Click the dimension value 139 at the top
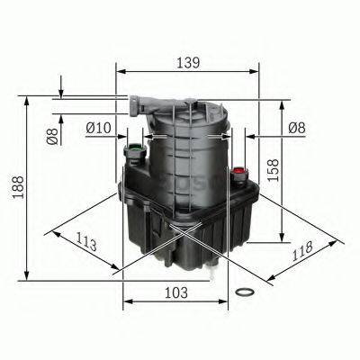coord(186,62)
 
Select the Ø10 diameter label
coord(98,128)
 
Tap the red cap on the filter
coord(238,170)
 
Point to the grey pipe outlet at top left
coord(130,101)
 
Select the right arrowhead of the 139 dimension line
coord(254,74)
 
